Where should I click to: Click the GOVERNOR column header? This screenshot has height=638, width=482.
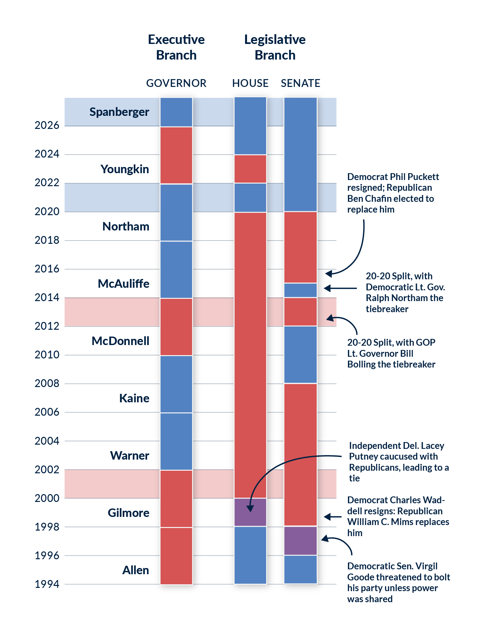(176, 83)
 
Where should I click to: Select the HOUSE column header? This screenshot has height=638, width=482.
(250, 83)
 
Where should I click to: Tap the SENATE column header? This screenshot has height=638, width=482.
(300, 83)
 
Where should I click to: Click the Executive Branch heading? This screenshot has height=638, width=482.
(176, 47)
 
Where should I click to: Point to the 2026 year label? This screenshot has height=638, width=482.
(47, 125)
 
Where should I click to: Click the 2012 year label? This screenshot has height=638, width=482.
(47, 326)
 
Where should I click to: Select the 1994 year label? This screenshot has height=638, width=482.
(47, 584)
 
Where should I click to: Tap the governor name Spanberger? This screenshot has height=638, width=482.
(119, 112)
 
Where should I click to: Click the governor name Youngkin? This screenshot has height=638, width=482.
(125, 169)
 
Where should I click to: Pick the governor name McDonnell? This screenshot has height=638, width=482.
(120, 341)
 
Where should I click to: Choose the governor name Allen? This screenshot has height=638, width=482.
(135, 570)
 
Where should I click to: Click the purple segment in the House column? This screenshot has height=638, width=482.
(250, 512)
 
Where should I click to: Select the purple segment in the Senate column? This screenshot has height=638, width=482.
(300, 541)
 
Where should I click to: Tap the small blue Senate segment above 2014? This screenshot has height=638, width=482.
(300, 290)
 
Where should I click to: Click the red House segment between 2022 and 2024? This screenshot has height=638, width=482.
(250, 169)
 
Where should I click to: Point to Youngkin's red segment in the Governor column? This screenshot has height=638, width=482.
(176, 155)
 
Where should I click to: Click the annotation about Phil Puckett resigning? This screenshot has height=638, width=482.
(393, 193)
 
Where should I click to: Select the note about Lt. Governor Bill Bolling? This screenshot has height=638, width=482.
(391, 354)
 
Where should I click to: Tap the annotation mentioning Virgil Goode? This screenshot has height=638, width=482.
(398, 583)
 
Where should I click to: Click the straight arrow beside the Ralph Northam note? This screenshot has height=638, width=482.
(340, 288)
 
